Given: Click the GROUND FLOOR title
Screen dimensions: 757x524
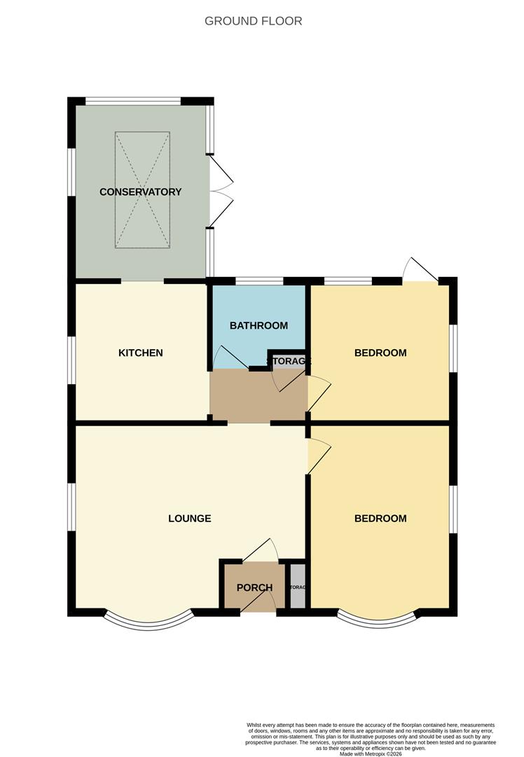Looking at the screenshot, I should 254,21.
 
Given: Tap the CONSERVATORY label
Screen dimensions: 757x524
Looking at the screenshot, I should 140,192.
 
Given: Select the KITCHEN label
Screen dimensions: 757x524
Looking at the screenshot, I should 140,353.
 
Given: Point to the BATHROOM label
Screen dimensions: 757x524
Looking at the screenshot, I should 258,326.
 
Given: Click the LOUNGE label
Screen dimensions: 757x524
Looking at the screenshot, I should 189,519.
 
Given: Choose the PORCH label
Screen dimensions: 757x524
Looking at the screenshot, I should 254,587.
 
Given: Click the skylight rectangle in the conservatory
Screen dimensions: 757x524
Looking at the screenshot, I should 142,190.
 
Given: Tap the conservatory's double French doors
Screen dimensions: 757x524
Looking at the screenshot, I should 221,191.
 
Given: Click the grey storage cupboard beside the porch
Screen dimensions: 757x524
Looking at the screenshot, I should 298,586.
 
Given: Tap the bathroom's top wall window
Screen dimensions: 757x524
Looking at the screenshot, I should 259,282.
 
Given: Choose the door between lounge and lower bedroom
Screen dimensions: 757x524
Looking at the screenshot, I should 317,456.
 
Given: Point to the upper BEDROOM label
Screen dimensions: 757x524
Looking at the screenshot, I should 380,353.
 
